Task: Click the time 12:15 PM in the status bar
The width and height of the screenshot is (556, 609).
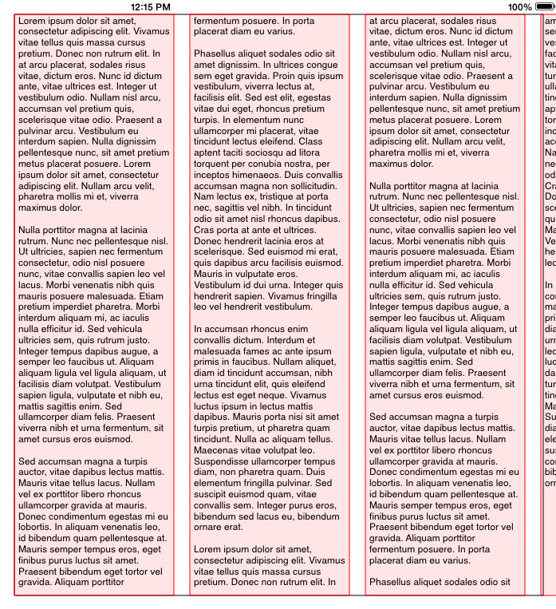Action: click(150, 6)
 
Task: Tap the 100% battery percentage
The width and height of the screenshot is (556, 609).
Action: click(519, 6)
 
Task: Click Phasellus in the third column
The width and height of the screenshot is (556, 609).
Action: click(395, 582)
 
